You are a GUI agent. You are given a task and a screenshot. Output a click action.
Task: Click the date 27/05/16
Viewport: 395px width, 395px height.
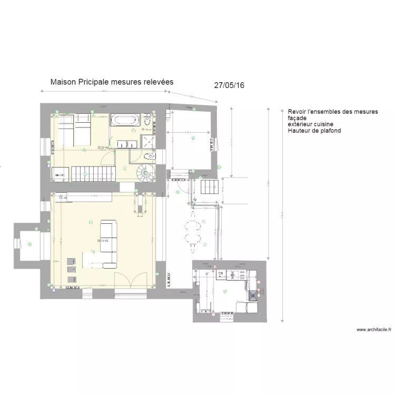click(x=230, y=85)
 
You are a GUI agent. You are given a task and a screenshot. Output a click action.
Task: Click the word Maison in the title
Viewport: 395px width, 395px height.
click(x=63, y=82)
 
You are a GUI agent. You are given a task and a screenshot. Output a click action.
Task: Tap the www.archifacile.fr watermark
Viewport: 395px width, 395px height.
click(x=374, y=330)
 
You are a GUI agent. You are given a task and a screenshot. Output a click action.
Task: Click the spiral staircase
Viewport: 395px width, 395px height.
click(x=144, y=172)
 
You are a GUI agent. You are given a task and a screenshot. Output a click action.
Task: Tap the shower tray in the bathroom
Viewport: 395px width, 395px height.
click(x=147, y=141)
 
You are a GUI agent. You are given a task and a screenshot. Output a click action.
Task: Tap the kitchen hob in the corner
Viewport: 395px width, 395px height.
click(x=253, y=295)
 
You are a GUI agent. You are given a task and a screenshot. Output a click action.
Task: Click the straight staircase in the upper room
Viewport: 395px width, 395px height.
click(x=93, y=172)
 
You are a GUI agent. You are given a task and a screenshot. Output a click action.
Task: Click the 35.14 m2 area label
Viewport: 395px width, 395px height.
click(x=103, y=241)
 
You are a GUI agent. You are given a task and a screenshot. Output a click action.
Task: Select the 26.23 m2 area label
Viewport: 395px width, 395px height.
click(x=103, y=148)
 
